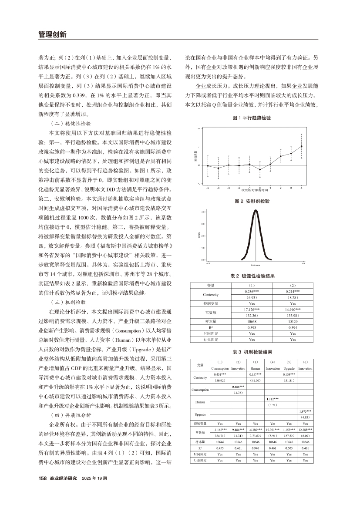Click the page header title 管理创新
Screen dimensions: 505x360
(51, 34)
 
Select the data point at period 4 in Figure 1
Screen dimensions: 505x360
(301, 146)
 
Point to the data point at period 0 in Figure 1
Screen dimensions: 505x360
(260, 170)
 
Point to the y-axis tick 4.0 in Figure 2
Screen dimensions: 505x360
(203, 212)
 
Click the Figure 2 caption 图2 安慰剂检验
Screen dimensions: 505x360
(252, 202)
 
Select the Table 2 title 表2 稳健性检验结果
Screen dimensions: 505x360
(252, 276)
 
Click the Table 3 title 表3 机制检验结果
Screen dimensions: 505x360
(252, 351)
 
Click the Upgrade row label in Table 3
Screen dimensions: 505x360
(200, 414)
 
